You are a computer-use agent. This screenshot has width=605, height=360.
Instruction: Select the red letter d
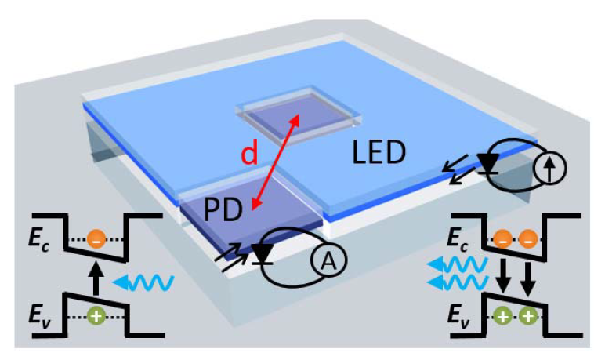248,154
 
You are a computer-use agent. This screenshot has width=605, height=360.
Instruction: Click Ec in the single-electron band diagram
47,239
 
